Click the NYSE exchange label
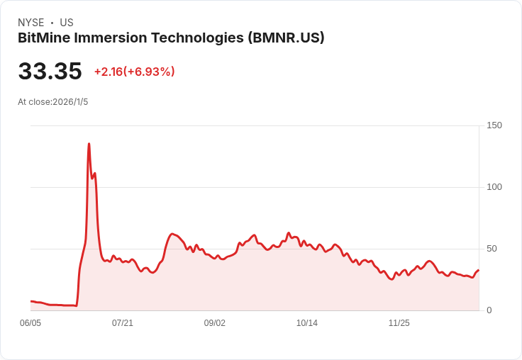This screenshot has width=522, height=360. pyautogui.click(x=30, y=23)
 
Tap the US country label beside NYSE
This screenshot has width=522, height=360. pyautogui.click(x=67, y=23)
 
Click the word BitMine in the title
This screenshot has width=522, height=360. pyautogui.click(x=44, y=38)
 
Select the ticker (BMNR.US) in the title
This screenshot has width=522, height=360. pyautogui.click(x=286, y=38)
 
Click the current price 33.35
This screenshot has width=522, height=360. pyautogui.click(x=50, y=72)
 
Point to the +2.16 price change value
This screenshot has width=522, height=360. pyautogui.click(x=109, y=72)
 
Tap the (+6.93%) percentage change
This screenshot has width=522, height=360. pyautogui.click(x=150, y=72)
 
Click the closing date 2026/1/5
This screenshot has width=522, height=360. pyautogui.click(x=70, y=102)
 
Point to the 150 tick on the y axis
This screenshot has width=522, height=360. pyautogui.click(x=494, y=125)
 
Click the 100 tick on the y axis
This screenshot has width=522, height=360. pyautogui.click(x=494, y=187)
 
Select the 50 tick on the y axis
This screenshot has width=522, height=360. pyautogui.click(x=492, y=249)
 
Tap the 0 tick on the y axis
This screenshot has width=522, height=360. pyautogui.click(x=489, y=310)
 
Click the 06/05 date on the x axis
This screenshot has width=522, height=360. pyautogui.click(x=30, y=323)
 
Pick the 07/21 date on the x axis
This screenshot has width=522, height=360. pyautogui.click(x=123, y=323)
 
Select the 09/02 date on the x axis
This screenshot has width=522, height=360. pyautogui.click(x=215, y=323)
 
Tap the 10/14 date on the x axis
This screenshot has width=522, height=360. pyautogui.click(x=307, y=323)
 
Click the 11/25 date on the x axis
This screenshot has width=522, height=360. pyautogui.click(x=399, y=323)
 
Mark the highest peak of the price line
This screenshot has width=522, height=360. pyautogui.click(x=89, y=144)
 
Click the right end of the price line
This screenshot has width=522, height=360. pyautogui.click(x=479, y=270)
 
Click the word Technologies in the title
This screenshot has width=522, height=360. pyautogui.click(x=199, y=38)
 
